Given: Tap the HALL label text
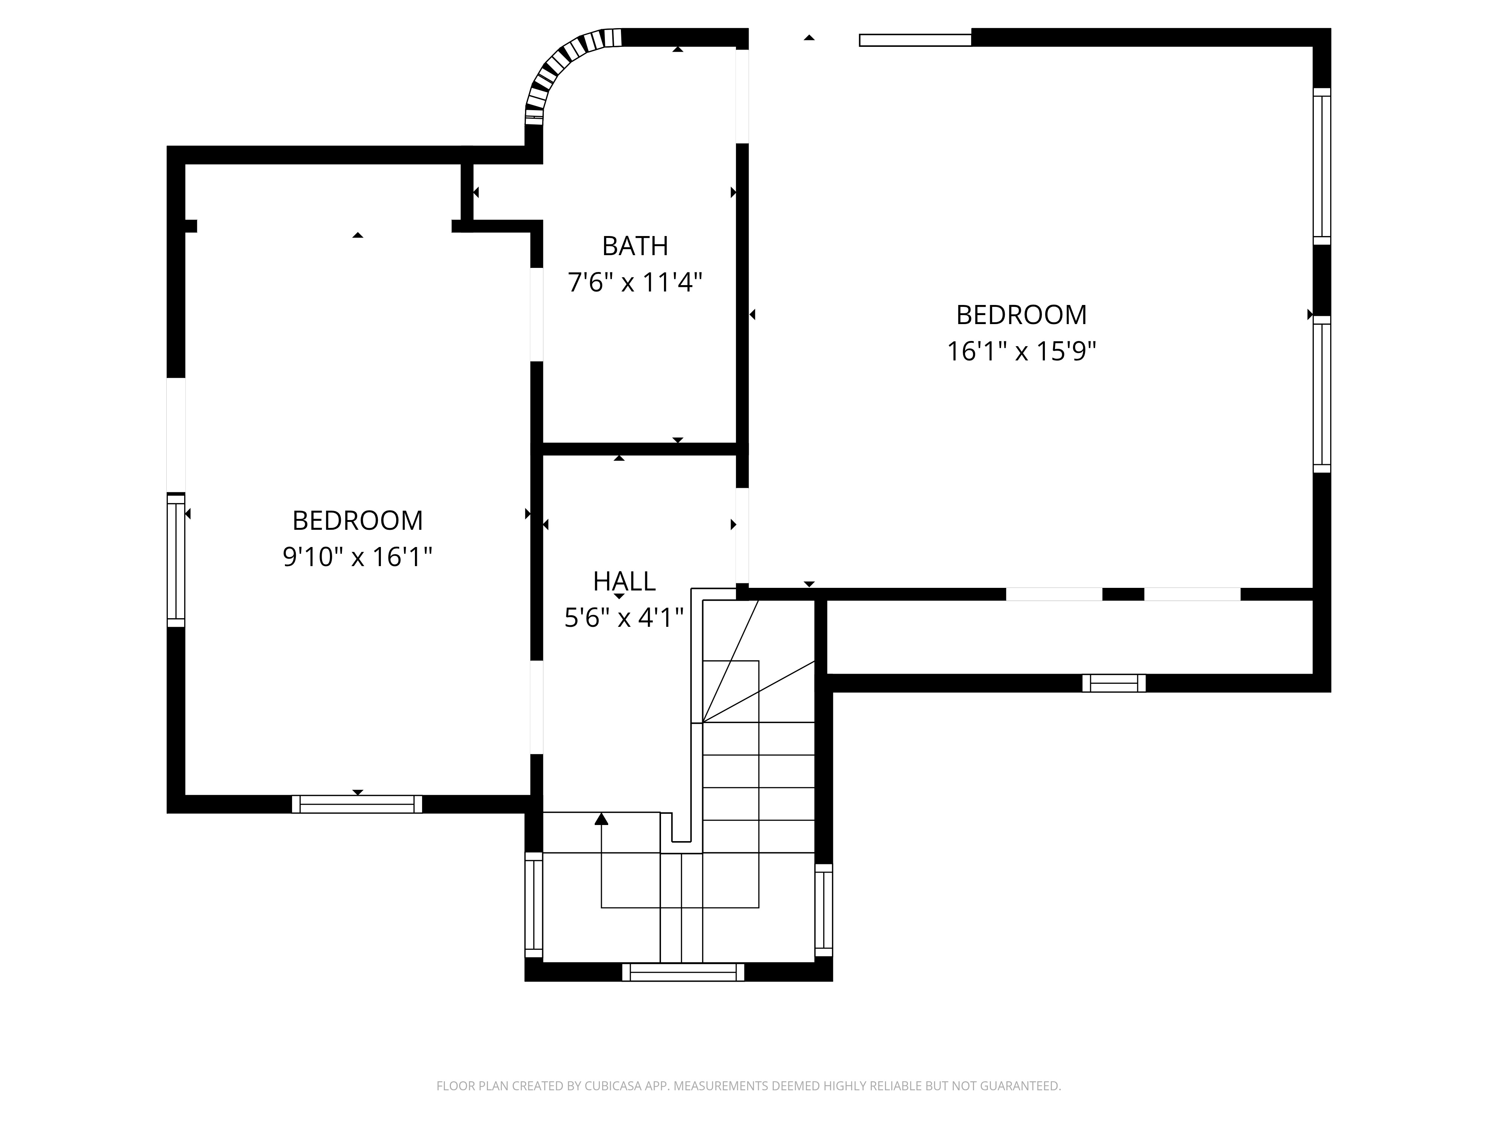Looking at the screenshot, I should point(624,581).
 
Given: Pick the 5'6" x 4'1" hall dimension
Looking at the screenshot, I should point(624,618).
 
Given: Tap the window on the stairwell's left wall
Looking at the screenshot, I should point(534,904).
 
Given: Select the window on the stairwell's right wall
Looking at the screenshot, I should point(824,910).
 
